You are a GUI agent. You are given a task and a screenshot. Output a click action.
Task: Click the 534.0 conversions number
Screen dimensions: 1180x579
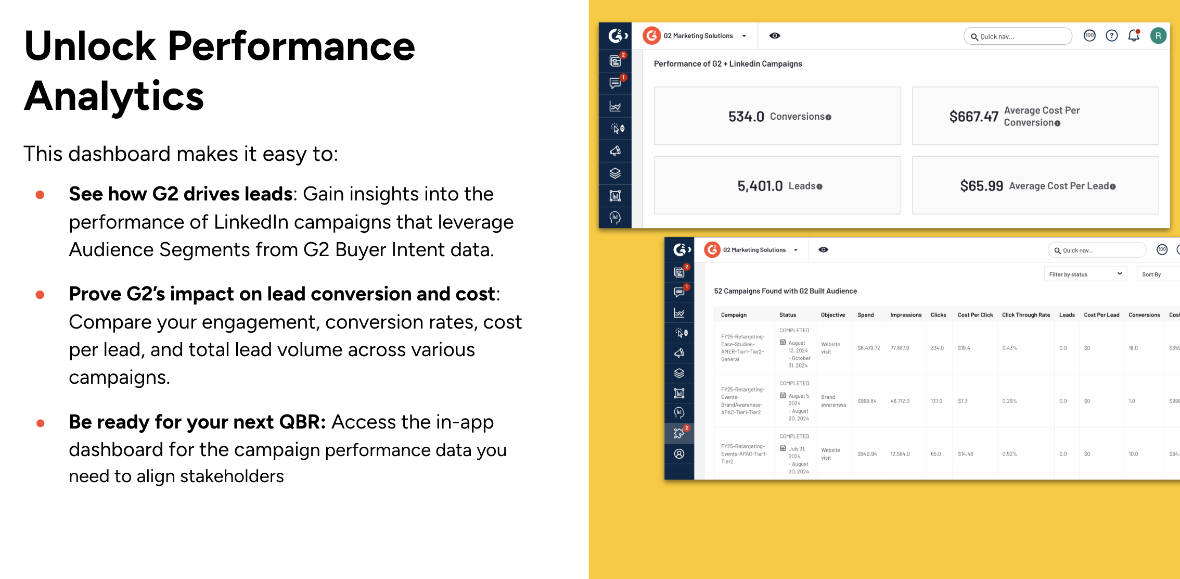[746, 117]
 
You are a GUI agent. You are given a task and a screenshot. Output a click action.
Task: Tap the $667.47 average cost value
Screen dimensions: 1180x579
[973, 117]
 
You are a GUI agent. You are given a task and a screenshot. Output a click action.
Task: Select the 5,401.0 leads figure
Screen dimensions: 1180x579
[760, 186]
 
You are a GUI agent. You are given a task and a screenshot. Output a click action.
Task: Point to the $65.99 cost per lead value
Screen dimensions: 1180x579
[981, 186]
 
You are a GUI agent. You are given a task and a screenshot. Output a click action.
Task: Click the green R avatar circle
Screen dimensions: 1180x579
[1158, 35]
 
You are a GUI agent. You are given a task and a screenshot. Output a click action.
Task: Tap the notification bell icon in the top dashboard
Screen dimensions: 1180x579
[1134, 35]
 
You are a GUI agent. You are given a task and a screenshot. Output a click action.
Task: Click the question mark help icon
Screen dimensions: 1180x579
[1112, 35]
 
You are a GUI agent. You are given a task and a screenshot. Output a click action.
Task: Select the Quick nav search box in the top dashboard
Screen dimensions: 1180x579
[1018, 36]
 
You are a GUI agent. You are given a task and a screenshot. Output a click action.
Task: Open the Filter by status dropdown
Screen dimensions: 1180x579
[1085, 274]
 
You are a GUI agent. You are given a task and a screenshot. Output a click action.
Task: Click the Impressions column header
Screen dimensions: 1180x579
[906, 315]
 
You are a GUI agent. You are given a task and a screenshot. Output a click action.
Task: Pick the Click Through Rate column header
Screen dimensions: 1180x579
[1026, 315]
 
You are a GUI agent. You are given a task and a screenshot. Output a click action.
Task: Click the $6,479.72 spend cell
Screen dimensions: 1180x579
[869, 348]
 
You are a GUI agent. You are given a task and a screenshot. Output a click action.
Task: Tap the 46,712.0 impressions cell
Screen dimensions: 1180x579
[900, 401]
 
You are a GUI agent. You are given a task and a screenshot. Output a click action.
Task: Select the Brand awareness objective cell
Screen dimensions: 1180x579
[833, 401]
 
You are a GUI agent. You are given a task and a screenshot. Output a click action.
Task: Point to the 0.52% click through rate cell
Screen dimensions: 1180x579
[1009, 454]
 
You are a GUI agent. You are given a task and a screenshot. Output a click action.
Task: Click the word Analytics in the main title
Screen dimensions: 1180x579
[114, 97]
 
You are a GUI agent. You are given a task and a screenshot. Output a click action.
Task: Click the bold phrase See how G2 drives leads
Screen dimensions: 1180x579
[181, 194]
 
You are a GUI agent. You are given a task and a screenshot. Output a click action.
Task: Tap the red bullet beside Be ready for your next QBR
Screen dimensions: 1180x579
[40, 423]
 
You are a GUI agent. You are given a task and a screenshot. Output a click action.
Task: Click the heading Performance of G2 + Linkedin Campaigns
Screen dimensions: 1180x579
[728, 64]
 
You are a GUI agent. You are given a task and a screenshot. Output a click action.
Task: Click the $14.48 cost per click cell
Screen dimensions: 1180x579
[965, 454]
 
